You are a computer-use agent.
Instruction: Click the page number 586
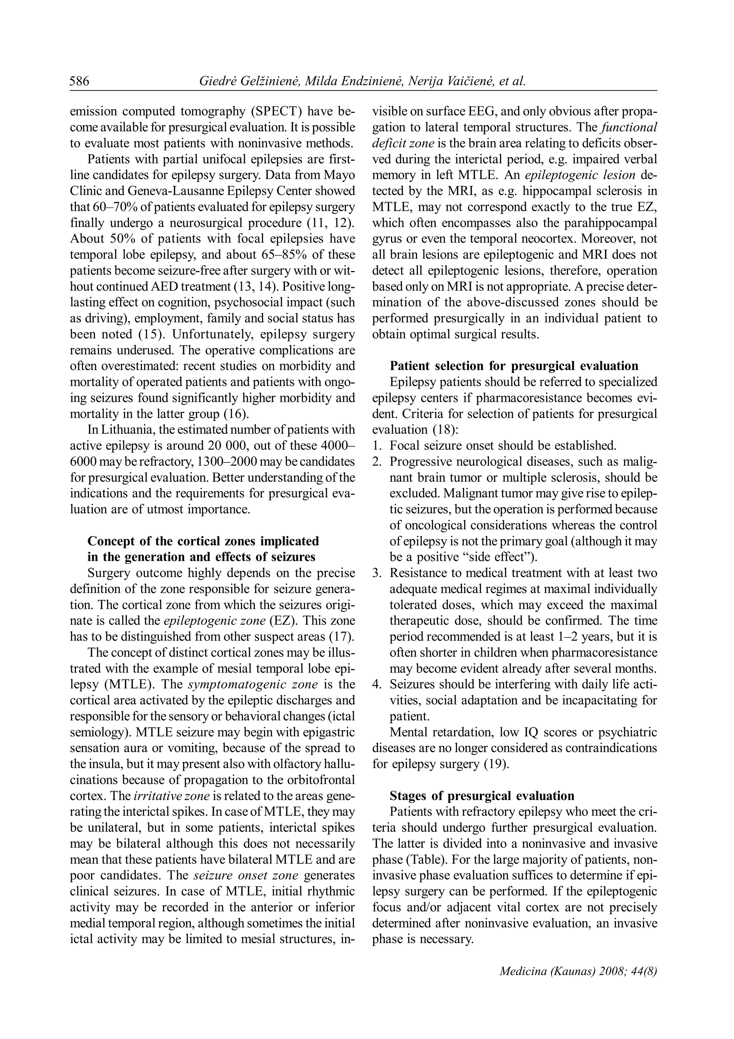(x=80, y=81)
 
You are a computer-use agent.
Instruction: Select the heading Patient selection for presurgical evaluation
(x=514, y=366)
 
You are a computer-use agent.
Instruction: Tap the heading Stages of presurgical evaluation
(x=482, y=796)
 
